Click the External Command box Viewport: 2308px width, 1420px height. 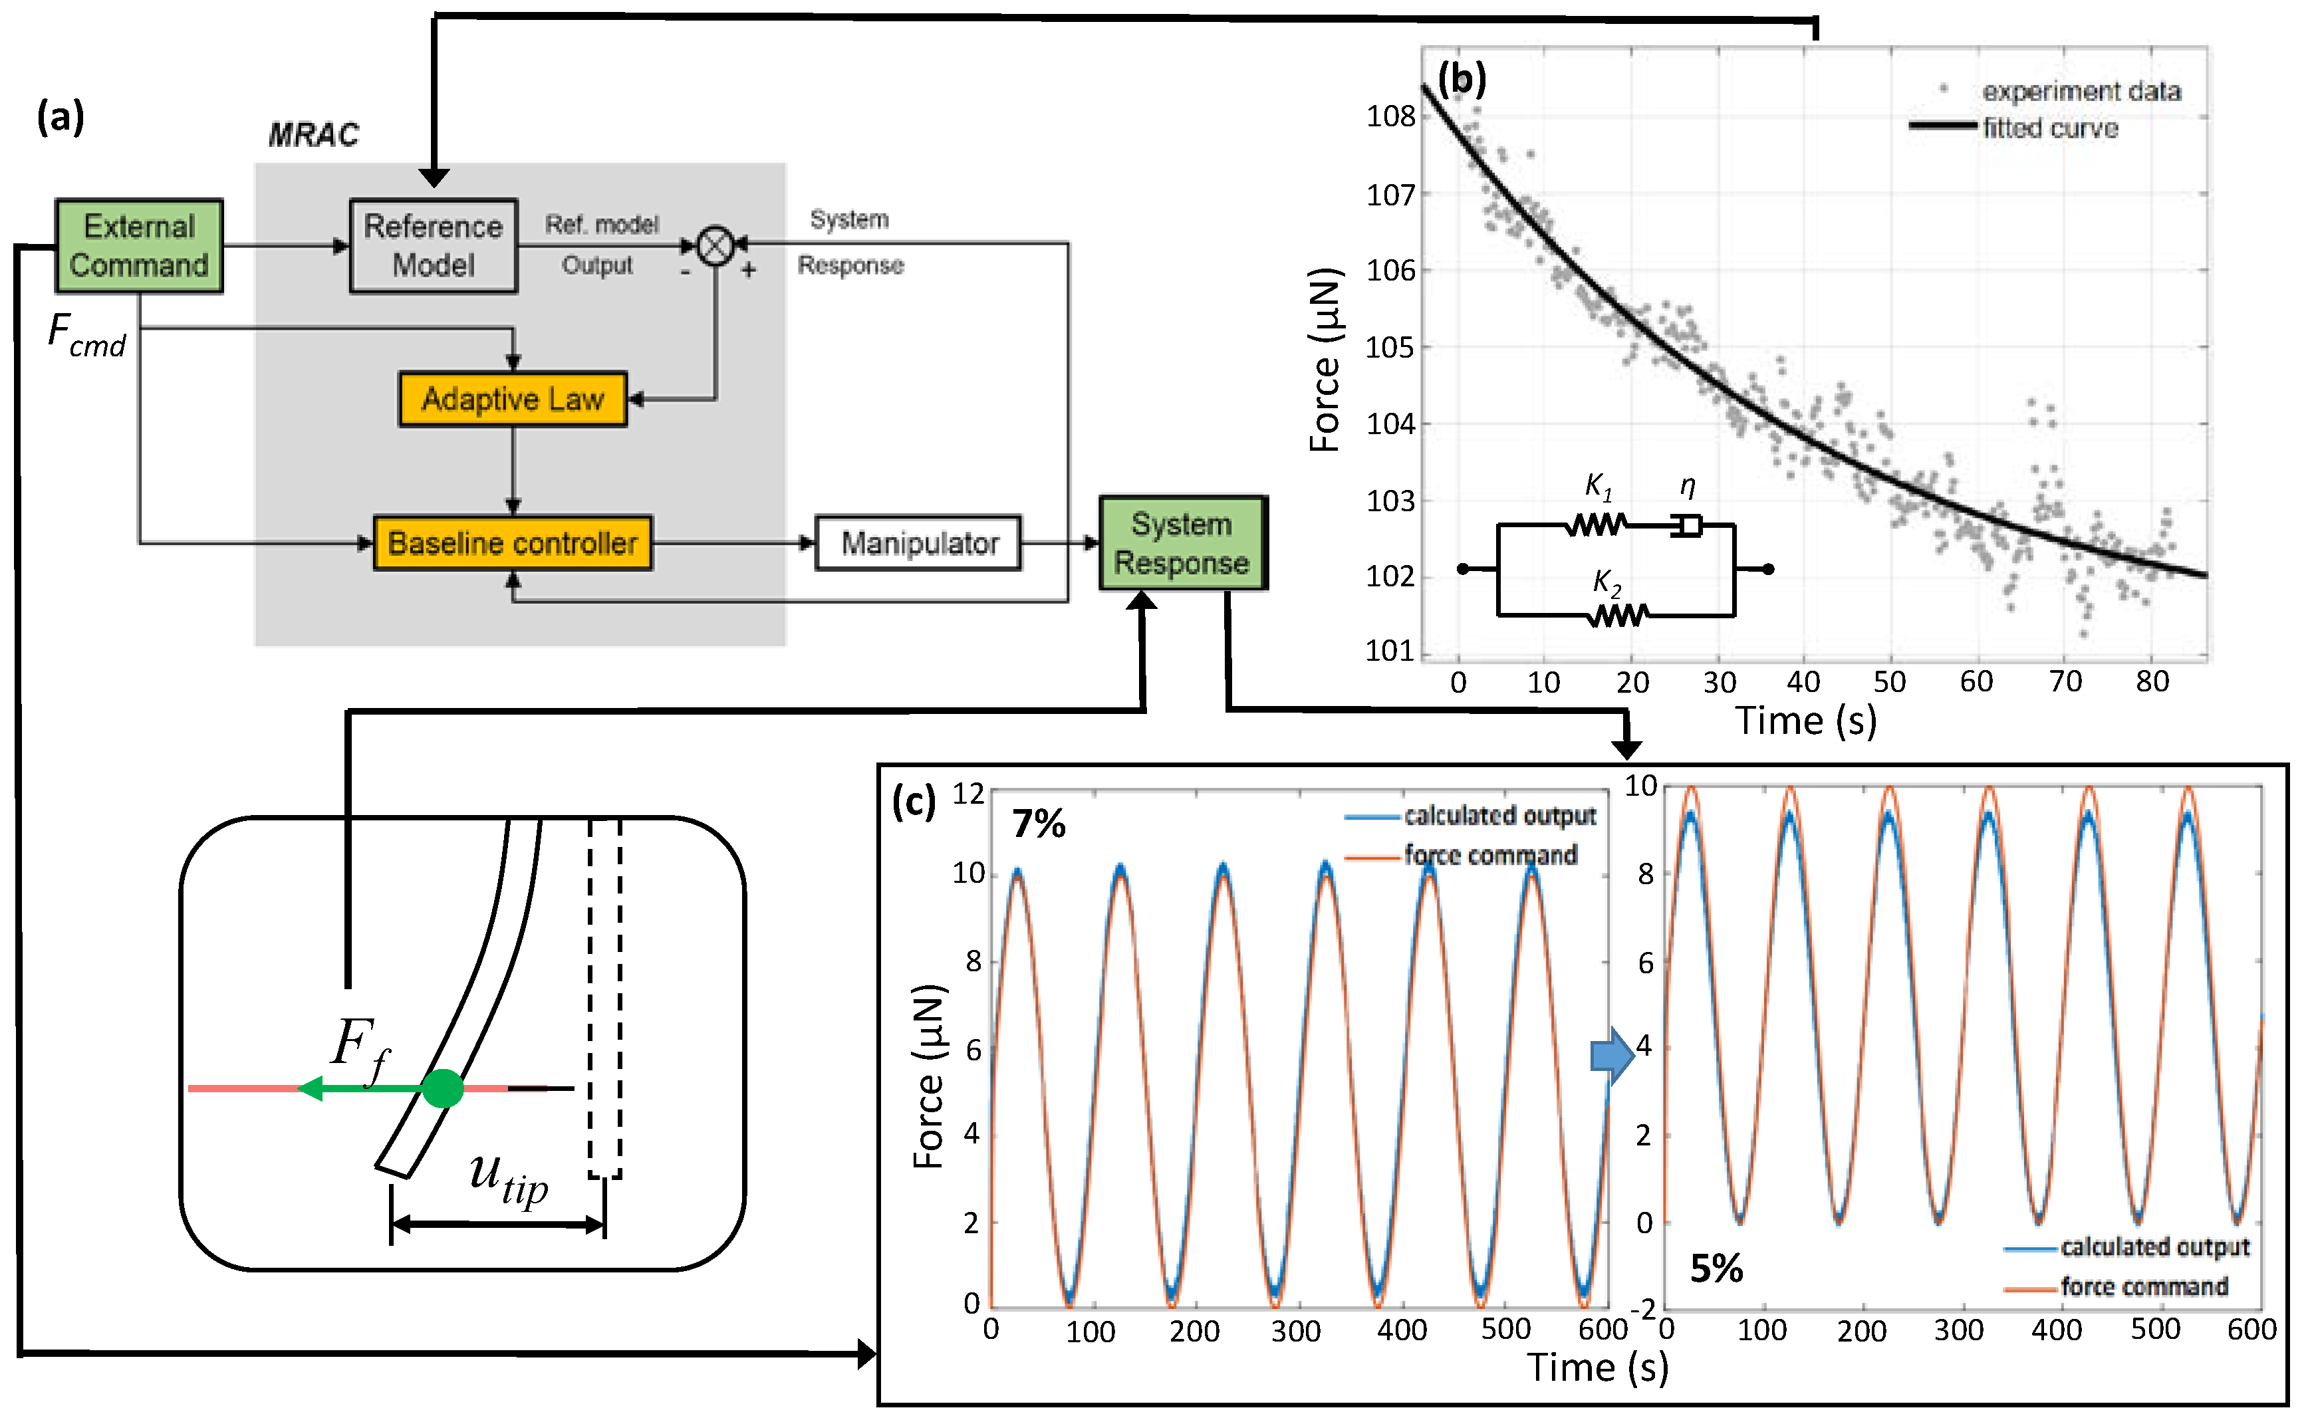click(139, 246)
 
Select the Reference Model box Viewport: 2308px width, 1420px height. click(433, 246)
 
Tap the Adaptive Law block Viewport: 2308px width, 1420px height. click(512, 399)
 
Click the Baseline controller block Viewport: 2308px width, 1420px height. click(512, 543)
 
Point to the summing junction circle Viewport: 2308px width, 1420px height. click(715, 246)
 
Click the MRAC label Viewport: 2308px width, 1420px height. click(314, 135)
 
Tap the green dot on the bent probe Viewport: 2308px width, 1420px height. click(442, 1088)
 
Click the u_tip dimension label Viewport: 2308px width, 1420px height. click(508, 1178)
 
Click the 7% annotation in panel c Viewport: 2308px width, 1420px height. click(1038, 824)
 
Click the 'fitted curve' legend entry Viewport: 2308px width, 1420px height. click(2050, 128)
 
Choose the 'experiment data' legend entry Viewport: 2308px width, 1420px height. click(2081, 91)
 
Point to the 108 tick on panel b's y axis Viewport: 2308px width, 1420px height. click(1390, 116)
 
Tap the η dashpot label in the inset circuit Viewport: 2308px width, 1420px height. click(1687, 485)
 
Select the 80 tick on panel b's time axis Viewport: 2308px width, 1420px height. click(2151, 682)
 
